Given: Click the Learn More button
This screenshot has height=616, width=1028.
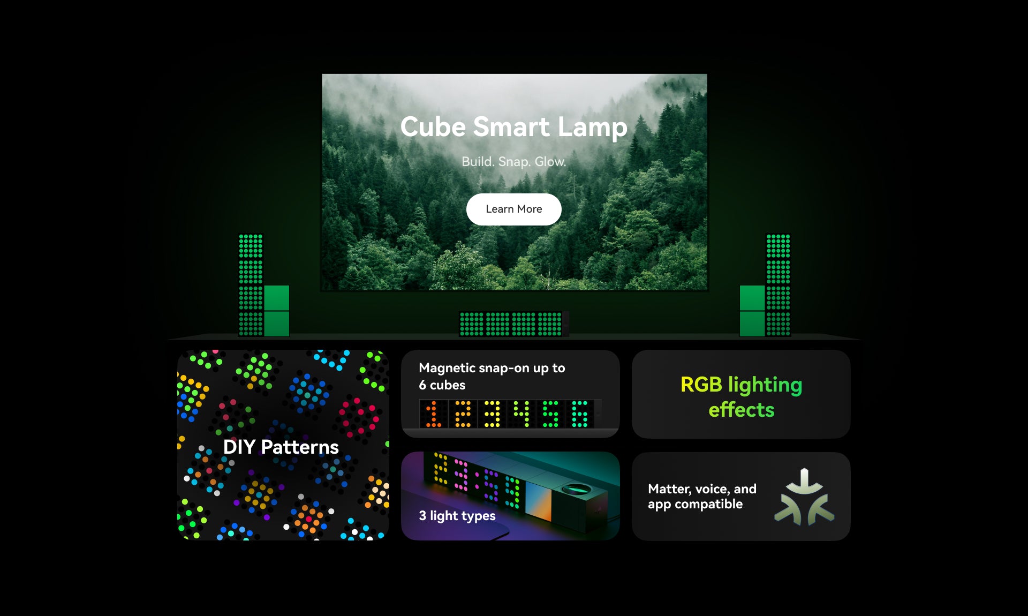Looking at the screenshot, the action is tap(513, 209).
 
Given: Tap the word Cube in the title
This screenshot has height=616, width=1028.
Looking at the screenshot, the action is tap(433, 127).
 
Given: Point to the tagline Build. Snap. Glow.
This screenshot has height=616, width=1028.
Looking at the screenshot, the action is tap(513, 161).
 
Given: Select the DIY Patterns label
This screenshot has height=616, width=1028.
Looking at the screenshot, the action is tap(281, 447).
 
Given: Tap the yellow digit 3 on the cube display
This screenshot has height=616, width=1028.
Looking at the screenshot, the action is tap(492, 414).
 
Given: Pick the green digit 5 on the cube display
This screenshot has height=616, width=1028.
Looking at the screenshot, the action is tap(550, 414).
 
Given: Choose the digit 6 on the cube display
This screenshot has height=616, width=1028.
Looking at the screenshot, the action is tap(579, 414).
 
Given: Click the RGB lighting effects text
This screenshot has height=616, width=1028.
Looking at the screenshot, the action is tap(741, 397).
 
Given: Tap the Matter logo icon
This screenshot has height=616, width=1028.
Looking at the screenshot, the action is tap(804, 497).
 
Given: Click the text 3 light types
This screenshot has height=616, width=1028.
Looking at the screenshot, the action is tap(457, 516).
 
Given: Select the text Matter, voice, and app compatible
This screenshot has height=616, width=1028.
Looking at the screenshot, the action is tap(702, 497).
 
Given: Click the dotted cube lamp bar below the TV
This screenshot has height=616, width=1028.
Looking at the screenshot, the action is tap(511, 324).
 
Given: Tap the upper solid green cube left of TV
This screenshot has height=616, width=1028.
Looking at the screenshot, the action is tap(277, 298).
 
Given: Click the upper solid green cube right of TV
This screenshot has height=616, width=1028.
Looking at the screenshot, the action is tap(752, 298).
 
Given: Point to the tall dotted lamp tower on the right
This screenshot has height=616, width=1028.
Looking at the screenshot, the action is tap(778, 285).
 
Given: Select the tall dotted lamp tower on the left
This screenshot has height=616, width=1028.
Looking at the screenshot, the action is tap(251, 285).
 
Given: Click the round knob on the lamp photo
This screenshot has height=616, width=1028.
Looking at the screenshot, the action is tap(576, 489).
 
